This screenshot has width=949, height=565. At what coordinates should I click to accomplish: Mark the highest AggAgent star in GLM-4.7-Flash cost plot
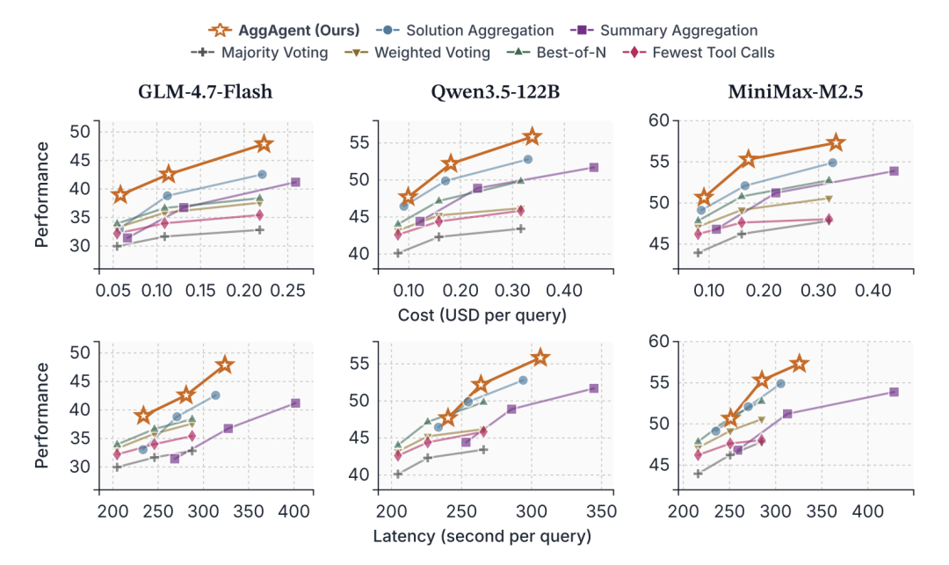(x=264, y=144)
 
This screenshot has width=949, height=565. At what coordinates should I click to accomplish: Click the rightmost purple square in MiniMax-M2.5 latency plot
(x=894, y=392)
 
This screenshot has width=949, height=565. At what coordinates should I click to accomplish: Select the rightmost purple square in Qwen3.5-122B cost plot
(x=593, y=167)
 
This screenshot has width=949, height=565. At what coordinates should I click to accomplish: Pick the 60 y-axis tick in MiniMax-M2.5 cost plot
(x=657, y=120)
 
